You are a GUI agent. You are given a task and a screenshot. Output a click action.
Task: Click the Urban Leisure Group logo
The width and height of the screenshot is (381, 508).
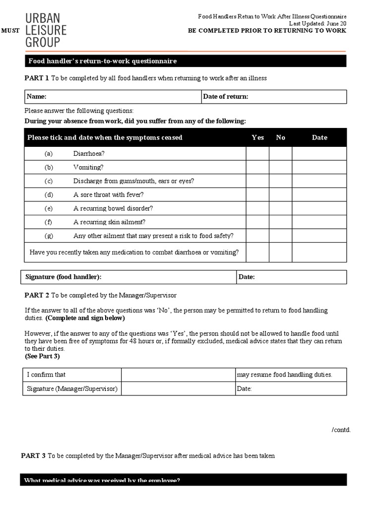[45, 30]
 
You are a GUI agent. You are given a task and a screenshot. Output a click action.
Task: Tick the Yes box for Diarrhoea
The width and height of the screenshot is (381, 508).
[257, 154]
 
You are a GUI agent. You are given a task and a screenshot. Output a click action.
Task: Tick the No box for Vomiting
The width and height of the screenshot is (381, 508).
[280, 167]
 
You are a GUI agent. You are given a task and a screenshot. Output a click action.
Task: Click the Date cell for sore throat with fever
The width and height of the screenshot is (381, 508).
[319, 194]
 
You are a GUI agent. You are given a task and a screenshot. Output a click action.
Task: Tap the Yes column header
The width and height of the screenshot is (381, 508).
[257, 137]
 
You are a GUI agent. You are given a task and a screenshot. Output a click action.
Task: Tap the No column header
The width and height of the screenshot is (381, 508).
[281, 137]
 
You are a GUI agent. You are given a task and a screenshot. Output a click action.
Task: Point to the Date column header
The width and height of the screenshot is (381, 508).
[319, 137]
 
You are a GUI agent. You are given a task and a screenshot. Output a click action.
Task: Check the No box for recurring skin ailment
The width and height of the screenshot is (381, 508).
[280, 222]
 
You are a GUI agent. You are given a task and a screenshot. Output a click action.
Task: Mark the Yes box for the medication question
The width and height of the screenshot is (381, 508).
[257, 253]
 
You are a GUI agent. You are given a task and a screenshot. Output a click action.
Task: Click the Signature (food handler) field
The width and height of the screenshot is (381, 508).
[169, 277]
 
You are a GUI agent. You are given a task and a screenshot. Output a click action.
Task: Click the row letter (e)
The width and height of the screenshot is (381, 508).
[49, 208]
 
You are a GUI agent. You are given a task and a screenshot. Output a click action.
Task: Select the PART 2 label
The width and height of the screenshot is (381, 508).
[37, 295]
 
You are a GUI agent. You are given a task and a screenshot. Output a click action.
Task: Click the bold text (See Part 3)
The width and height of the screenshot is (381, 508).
[42, 356]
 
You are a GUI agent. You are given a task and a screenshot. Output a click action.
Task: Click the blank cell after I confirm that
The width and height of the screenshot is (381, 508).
[178, 375]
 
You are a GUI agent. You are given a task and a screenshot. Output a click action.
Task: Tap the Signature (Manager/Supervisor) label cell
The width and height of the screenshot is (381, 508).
[72, 389]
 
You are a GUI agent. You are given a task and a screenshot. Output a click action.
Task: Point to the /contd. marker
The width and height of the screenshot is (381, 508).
[341, 430]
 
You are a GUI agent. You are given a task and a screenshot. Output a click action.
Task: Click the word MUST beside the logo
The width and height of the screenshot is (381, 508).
[11, 31]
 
